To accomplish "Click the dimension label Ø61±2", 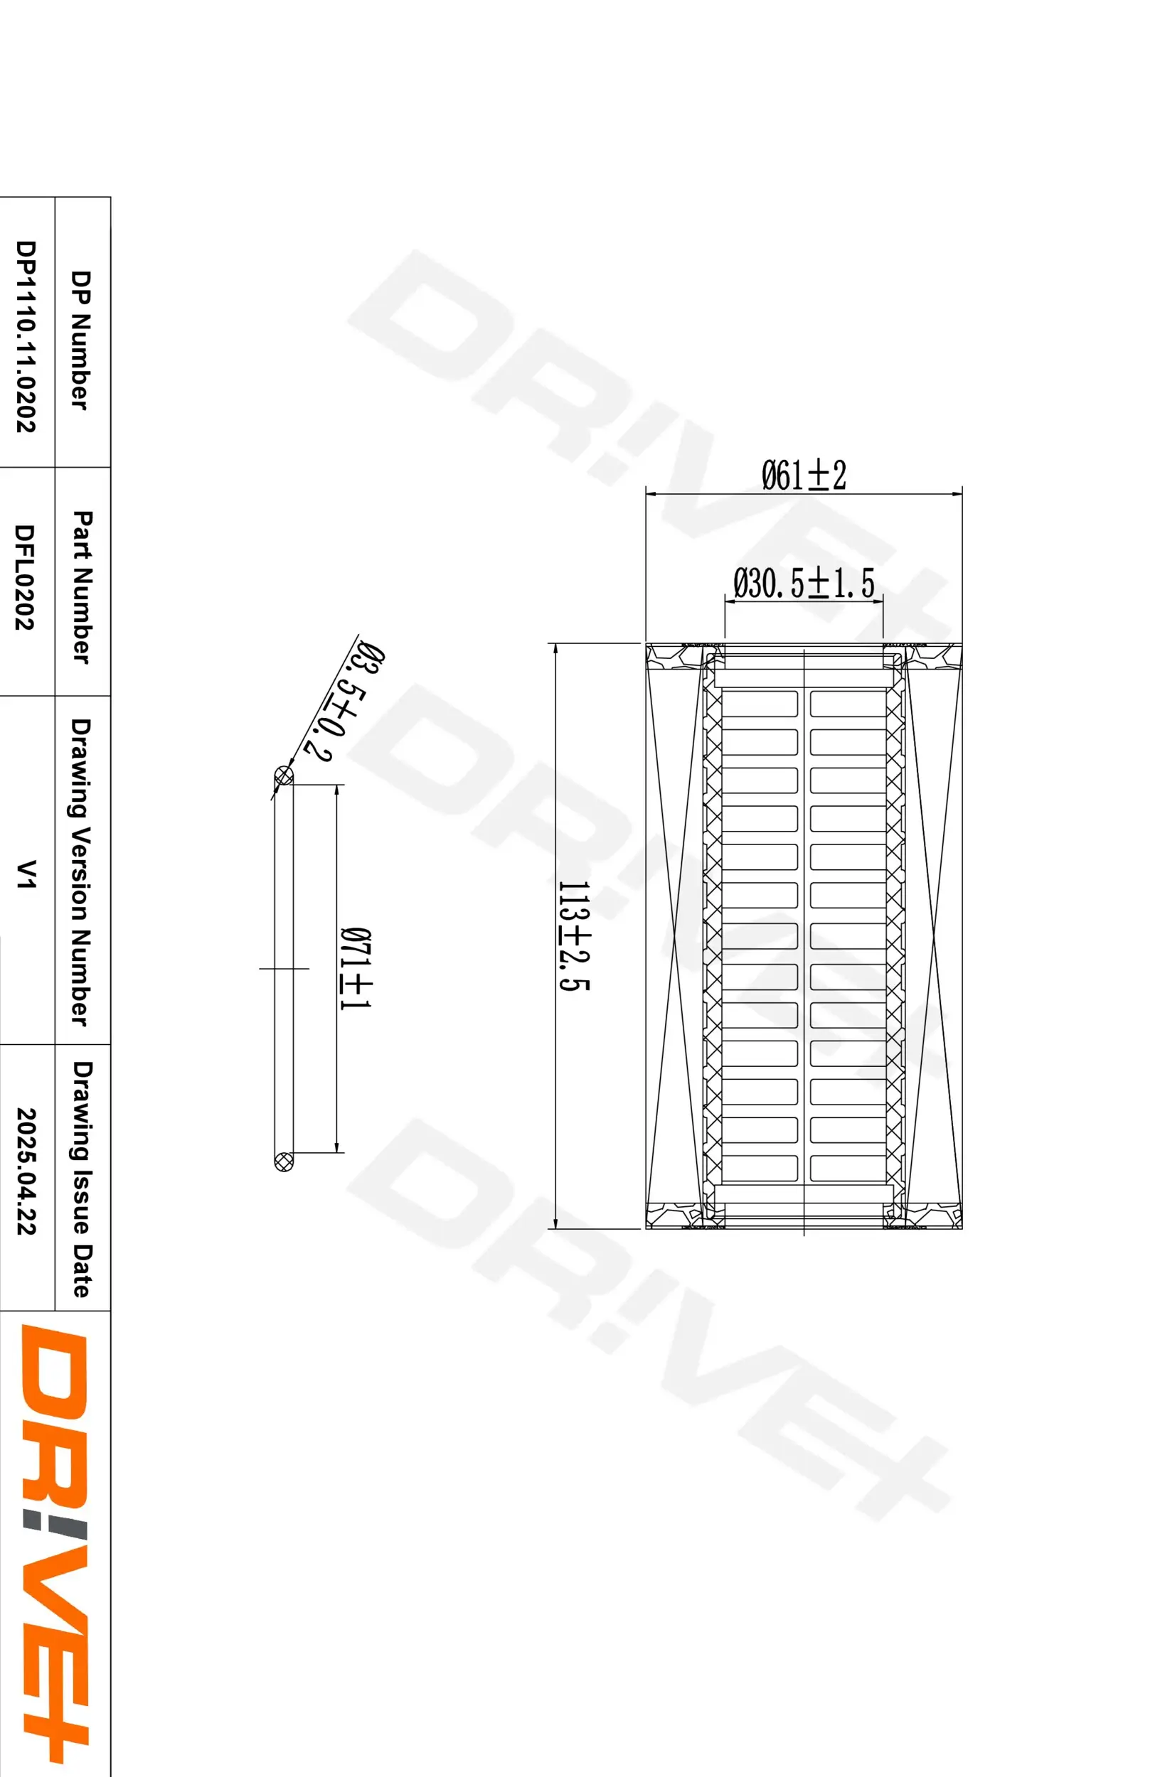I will (804, 476).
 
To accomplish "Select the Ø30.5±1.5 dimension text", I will (804, 583).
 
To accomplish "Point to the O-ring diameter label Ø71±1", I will (356, 968).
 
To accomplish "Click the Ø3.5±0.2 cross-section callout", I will (346, 702).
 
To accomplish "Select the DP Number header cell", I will (80, 340).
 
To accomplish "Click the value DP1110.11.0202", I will (26, 336).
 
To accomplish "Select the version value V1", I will (26, 874).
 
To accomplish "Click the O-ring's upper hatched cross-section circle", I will (284, 775).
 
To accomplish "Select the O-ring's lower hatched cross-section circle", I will (284, 1160).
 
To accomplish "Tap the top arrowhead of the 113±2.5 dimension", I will (555, 648).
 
